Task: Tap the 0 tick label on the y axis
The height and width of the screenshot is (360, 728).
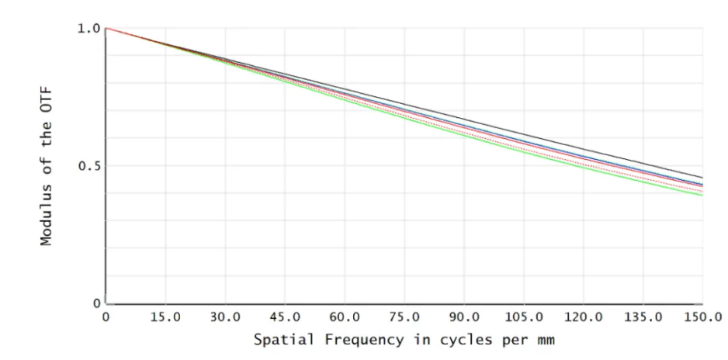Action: point(96,303)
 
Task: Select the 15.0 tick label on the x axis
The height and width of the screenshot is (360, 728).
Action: point(165,318)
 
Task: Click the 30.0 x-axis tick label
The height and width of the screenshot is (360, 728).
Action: point(225,318)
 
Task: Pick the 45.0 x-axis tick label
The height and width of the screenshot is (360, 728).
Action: point(285,318)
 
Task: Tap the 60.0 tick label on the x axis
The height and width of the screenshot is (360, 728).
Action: point(345,318)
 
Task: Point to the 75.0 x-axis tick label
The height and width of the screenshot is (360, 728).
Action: point(404,318)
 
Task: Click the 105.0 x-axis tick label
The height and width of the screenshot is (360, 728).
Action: point(524,318)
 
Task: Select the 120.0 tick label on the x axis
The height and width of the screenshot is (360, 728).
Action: point(583,318)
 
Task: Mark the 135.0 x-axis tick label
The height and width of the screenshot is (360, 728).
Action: point(643,318)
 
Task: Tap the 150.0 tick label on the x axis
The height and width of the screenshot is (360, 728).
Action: point(701,318)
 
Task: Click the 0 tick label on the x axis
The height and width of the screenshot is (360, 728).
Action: point(106,318)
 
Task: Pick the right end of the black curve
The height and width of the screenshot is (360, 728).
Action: point(702,177)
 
